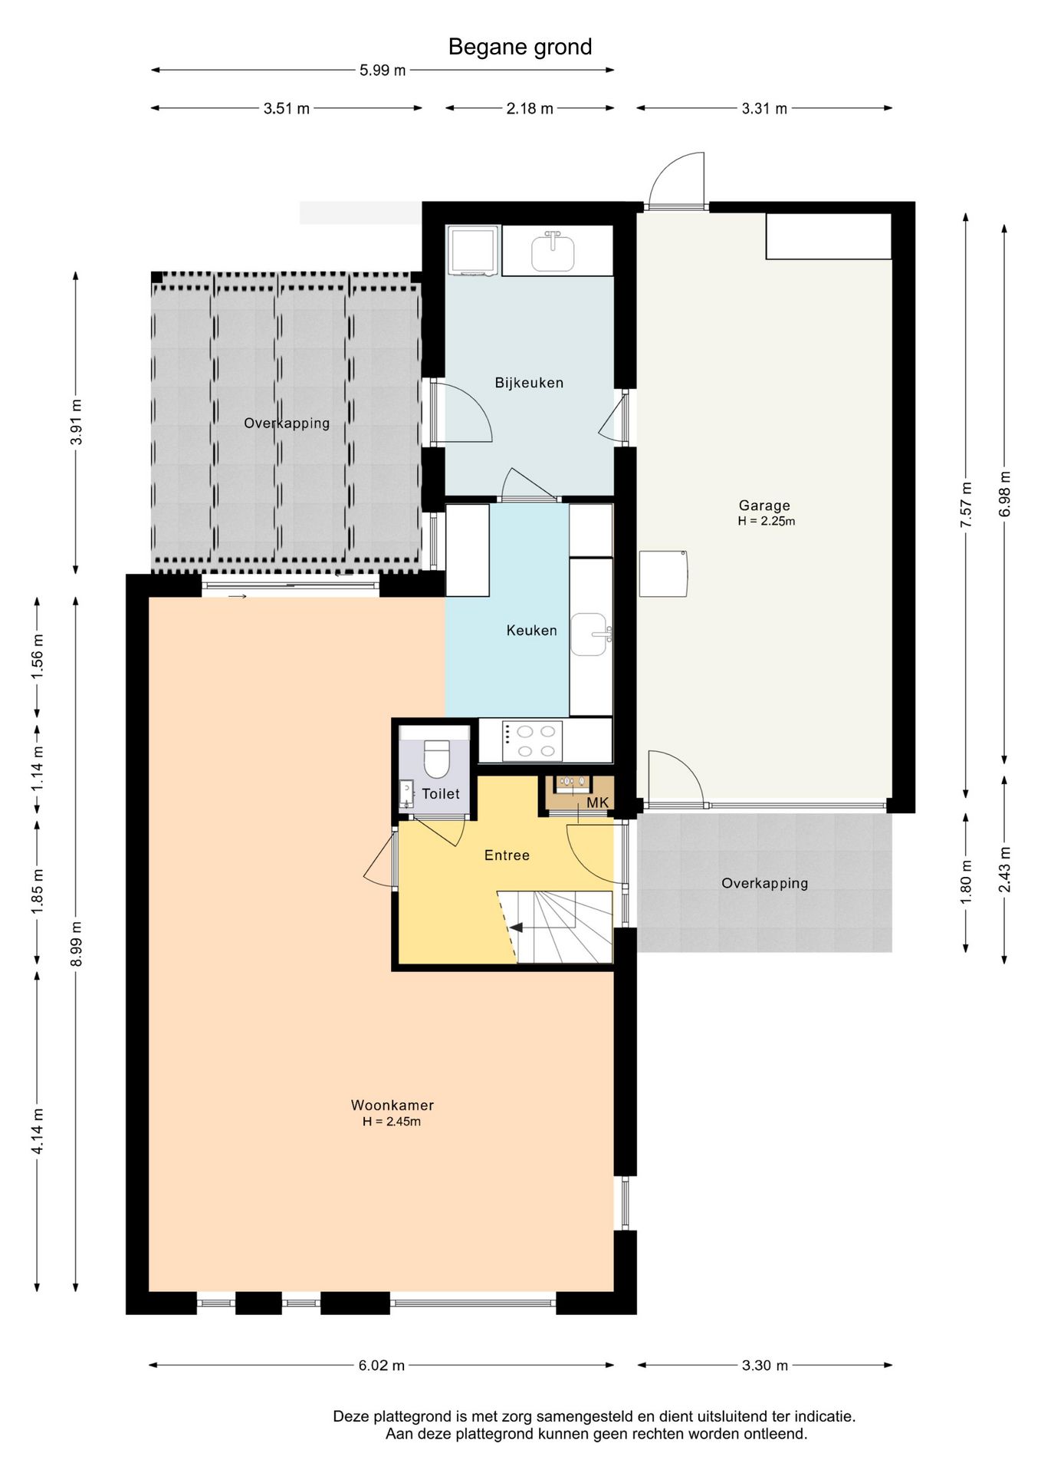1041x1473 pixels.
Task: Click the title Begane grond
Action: (x=520, y=48)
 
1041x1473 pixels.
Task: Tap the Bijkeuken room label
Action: (x=529, y=383)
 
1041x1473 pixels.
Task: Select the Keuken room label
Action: (x=531, y=631)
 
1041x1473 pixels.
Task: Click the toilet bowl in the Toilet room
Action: (x=436, y=758)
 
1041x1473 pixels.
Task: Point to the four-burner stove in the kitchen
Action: (x=532, y=741)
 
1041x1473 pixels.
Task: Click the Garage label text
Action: (x=764, y=506)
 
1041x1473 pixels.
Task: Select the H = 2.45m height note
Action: (x=392, y=1122)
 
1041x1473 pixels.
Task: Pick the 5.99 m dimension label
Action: (x=383, y=71)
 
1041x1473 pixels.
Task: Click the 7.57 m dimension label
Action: (x=966, y=505)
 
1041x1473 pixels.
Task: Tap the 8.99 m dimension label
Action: (x=76, y=944)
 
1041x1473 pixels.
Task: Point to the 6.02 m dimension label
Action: (x=382, y=1366)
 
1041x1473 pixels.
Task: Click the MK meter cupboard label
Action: (x=597, y=802)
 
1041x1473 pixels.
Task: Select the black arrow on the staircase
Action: (x=516, y=928)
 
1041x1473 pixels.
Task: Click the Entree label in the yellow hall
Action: (x=507, y=855)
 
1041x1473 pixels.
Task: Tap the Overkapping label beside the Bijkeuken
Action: (x=287, y=423)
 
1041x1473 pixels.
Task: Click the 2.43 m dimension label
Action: (x=1004, y=869)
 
